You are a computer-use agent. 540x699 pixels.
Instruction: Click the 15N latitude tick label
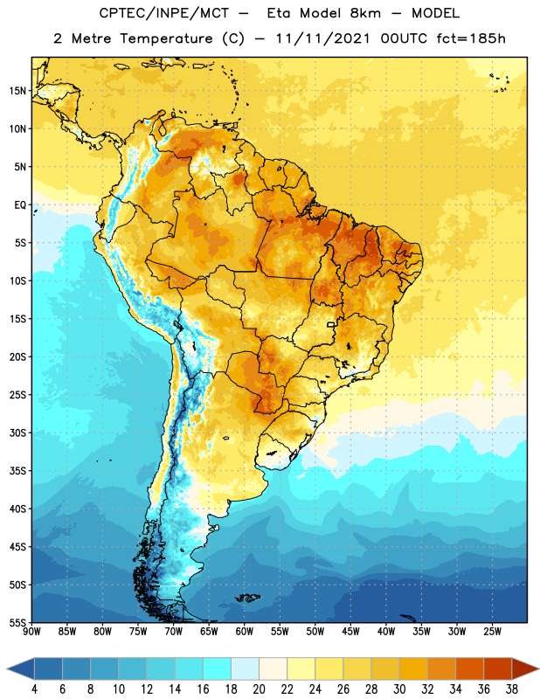tap(17, 91)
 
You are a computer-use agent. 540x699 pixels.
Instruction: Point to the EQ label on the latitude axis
tap(20, 205)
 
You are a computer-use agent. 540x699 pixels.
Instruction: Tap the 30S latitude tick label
tap(17, 433)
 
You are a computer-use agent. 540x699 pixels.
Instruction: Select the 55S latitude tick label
tap(17, 622)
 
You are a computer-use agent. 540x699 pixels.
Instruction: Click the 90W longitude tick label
tap(31, 632)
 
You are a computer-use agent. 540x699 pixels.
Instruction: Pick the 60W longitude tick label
tap(245, 632)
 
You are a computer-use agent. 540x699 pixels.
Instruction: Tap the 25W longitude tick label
tap(492, 632)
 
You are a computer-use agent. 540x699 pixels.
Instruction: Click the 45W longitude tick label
tap(350, 632)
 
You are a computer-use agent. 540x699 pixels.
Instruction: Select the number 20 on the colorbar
tap(259, 689)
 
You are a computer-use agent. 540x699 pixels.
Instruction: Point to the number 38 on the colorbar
tap(511, 689)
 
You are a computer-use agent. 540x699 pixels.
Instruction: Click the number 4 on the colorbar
tap(34, 689)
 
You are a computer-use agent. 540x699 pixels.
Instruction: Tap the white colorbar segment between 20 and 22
tap(273, 668)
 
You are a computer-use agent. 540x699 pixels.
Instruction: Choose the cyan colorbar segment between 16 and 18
tap(217, 668)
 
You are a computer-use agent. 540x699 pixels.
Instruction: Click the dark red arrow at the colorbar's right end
tap(524, 668)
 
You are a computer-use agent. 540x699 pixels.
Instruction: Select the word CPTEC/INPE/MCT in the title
tap(163, 13)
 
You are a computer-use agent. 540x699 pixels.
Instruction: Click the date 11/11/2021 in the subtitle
tap(322, 38)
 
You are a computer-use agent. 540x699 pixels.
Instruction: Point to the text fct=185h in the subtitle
tap(471, 38)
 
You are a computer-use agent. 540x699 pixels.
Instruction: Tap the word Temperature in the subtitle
tap(166, 39)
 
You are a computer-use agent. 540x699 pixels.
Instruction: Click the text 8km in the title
tap(365, 13)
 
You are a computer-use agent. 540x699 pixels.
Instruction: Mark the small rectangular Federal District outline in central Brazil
tap(331, 324)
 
